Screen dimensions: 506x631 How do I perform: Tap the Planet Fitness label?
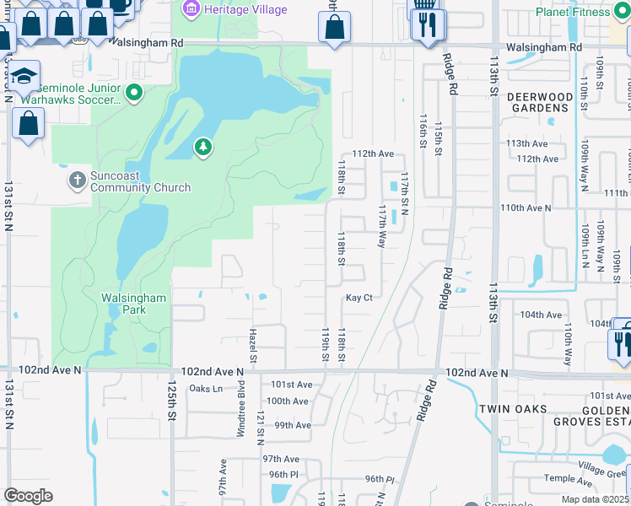(x=574, y=12)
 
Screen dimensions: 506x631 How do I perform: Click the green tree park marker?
(x=202, y=148)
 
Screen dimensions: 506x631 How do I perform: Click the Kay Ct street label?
(x=359, y=298)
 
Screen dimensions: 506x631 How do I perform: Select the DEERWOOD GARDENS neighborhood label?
(x=538, y=102)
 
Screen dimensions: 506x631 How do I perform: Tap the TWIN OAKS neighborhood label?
(x=510, y=408)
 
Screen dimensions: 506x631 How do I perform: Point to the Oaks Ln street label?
(x=206, y=389)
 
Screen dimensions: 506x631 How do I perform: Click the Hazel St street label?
(x=252, y=347)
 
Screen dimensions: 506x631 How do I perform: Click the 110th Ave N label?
(x=526, y=207)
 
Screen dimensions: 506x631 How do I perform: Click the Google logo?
(x=29, y=496)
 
